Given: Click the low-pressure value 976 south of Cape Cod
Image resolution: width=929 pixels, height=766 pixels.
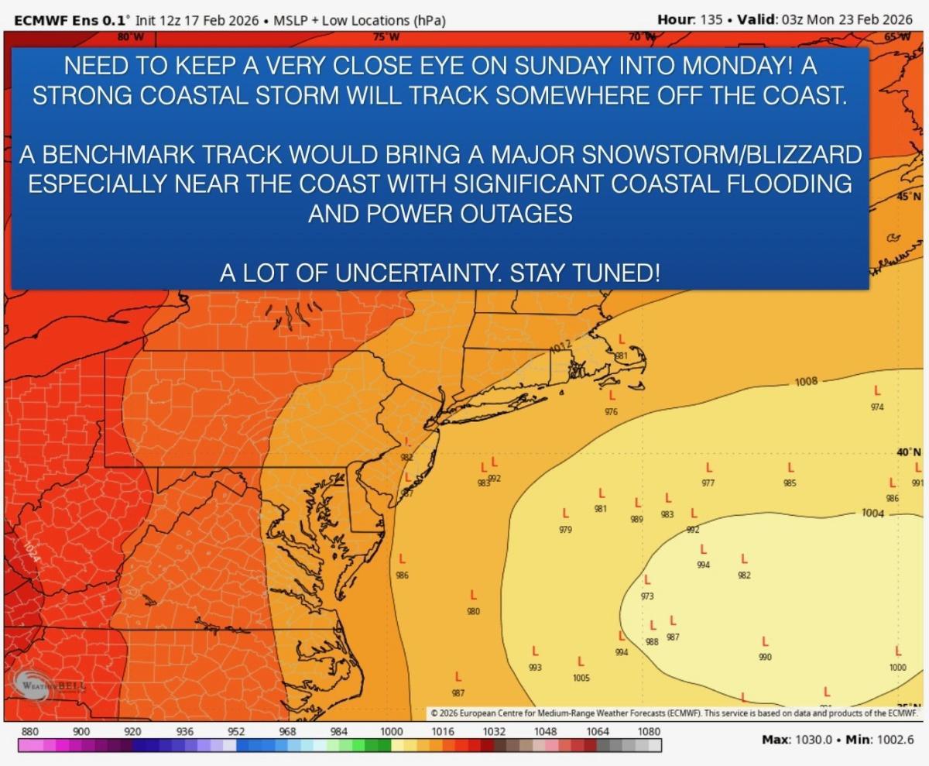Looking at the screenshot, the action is coord(611,411).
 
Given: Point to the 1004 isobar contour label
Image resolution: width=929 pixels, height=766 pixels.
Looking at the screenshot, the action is coord(872,513).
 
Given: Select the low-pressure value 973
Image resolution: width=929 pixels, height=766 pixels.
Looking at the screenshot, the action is coord(647,596).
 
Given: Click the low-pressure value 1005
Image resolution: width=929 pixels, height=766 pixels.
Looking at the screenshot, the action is coord(581,678).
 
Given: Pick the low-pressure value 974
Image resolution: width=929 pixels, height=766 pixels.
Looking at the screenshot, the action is coord(877,407).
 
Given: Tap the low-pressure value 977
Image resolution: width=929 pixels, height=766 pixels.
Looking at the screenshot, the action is coord(708,483).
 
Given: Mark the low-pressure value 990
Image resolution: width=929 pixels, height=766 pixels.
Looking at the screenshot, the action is coord(765,658).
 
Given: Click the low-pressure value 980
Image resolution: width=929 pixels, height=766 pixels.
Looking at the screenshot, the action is coord(473,612).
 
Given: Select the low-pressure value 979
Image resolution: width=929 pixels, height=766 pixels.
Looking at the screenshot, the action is coord(565,531).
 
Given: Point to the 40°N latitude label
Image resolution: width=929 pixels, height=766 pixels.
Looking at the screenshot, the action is coord(908,452).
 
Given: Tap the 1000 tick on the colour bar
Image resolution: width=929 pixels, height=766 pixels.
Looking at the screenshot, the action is coord(391,731).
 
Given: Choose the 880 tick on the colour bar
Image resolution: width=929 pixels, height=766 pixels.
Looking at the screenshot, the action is coord(29,731).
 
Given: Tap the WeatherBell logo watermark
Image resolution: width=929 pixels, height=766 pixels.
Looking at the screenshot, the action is coord(48,685).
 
